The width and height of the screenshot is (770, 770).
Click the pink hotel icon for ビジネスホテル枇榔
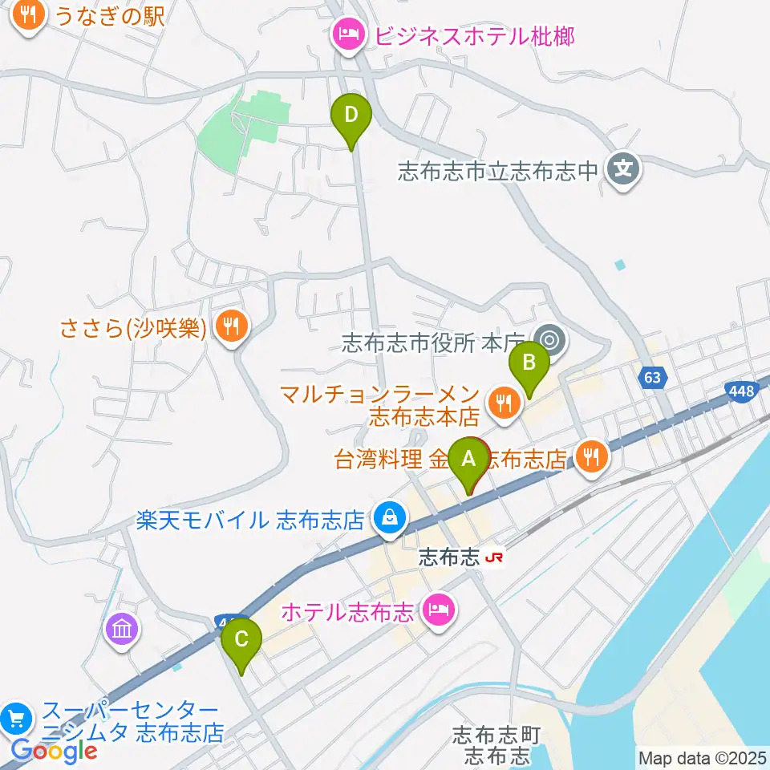coord(346,36)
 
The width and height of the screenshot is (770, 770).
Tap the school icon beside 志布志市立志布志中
coord(623,170)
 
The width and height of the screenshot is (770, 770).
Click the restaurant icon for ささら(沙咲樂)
coord(230,326)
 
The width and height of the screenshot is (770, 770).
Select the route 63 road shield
coord(654,376)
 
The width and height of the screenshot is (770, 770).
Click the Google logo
coord(54,751)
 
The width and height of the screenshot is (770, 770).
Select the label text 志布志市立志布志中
coord(498,170)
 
